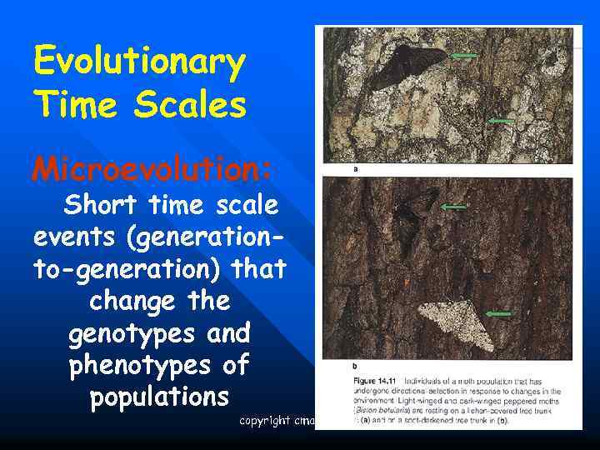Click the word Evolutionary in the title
(139, 63)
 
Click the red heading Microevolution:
(152, 170)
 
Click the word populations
(159, 397)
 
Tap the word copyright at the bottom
(263, 421)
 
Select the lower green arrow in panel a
(501, 121)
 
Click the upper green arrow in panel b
(453, 206)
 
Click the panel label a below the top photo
(356, 169)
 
